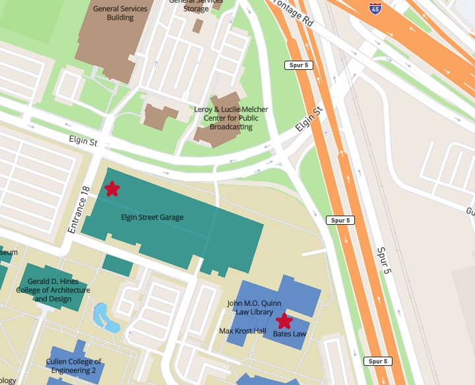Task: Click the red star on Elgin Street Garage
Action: [x=112, y=189]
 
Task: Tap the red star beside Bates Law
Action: [x=284, y=321]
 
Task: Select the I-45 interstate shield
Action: [x=375, y=8]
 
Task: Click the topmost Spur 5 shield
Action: [x=299, y=65]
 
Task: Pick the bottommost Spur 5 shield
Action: [x=377, y=361]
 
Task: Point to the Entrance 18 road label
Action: [x=78, y=208]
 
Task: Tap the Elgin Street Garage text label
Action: [x=152, y=217]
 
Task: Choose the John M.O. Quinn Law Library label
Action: [x=254, y=307]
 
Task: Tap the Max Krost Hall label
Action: [x=242, y=330]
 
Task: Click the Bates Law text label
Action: [x=290, y=334]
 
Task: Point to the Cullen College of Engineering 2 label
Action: [x=73, y=366]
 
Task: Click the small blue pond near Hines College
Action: [x=106, y=316]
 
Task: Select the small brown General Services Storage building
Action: [x=197, y=26]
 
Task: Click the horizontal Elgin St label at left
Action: [x=83, y=141]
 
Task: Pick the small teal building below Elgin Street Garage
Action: [x=117, y=265]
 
